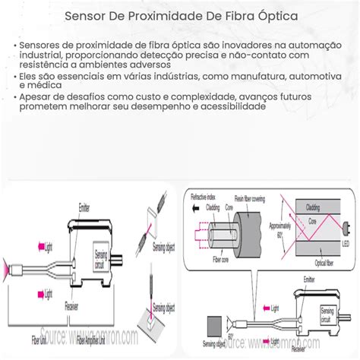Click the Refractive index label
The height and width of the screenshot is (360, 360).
(204, 197)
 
